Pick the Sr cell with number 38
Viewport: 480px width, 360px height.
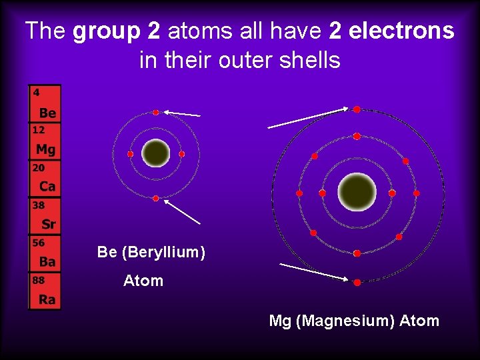45,216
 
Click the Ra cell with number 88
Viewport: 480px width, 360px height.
45,291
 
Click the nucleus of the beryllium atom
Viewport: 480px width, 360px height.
156,153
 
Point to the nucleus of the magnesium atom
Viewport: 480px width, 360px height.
357,192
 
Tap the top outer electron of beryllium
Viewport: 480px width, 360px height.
156,112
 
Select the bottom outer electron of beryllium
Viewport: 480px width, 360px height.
156,198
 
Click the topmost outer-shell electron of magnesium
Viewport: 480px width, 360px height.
357,109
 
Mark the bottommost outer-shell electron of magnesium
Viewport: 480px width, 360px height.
357,283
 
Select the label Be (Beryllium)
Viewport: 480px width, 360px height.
151,252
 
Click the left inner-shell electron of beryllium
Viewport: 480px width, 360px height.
131,154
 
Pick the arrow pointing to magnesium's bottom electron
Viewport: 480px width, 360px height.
313,271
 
